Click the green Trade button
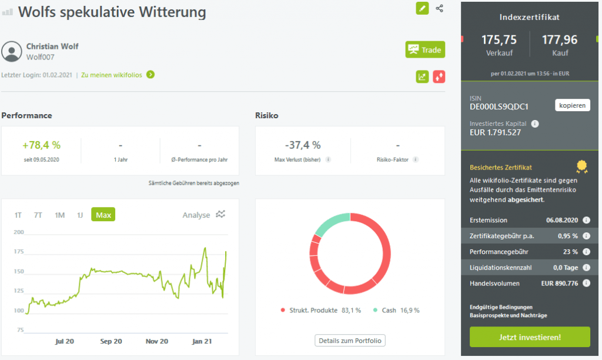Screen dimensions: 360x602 pyautogui.click(x=425, y=49)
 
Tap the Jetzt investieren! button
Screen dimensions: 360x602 pyautogui.click(x=529, y=337)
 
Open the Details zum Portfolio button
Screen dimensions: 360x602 pyautogui.click(x=350, y=341)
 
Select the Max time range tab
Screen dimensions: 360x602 pyautogui.click(x=103, y=215)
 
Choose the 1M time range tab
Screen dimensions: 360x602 pyautogui.click(x=60, y=215)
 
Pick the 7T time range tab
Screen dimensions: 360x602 pyautogui.click(x=38, y=215)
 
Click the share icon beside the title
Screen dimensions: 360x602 pyautogui.click(x=440, y=8)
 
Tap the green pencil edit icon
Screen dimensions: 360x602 pyautogui.click(x=422, y=8)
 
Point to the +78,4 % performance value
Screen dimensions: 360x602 pyautogui.click(x=41, y=145)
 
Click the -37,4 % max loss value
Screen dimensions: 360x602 pyautogui.click(x=303, y=145)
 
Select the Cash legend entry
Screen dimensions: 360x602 pyautogui.click(x=396, y=310)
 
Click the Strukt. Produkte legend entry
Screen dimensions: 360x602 pyautogui.click(x=321, y=310)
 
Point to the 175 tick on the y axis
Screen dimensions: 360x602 pyautogui.click(x=19, y=252)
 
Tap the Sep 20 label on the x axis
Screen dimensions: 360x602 pyautogui.click(x=111, y=341)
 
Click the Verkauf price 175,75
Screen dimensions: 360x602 pyautogui.click(x=499, y=40)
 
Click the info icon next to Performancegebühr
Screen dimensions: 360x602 pyautogui.click(x=587, y=252)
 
